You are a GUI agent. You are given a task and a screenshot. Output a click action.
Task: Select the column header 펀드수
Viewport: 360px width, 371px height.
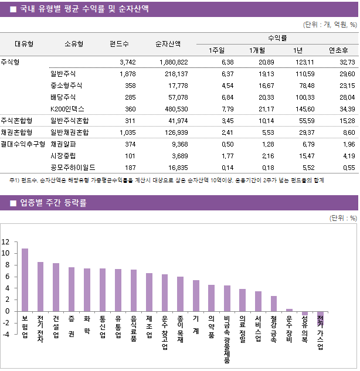[x=119, y=43]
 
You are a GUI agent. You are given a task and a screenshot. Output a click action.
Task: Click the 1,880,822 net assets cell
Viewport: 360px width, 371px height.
[x=174, y=62]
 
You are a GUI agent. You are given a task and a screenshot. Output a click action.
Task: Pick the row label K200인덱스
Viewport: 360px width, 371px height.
[x=67, y=109]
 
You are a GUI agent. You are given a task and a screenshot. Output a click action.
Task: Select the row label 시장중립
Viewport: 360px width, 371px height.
[x=63, y=155]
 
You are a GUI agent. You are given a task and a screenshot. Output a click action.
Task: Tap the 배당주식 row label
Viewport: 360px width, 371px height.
[x=63, y=97]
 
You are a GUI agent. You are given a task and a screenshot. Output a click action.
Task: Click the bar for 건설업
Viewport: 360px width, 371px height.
[x=56, y=287]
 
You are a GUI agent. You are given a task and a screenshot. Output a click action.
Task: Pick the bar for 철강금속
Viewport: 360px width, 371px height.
[x=273, y=304]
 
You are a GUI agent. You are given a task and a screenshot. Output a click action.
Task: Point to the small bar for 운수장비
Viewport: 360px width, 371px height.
[x=289, y=310]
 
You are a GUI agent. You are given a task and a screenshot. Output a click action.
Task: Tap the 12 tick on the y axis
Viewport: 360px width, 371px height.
[x=6, y=242]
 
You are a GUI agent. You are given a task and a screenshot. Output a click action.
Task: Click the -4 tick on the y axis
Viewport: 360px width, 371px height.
[x=6, y=334]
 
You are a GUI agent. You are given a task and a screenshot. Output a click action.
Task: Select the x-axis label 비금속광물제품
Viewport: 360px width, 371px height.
[x=226, y=340]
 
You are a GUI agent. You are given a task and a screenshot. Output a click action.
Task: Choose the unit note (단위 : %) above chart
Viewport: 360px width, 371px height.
[x=343, y=218]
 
